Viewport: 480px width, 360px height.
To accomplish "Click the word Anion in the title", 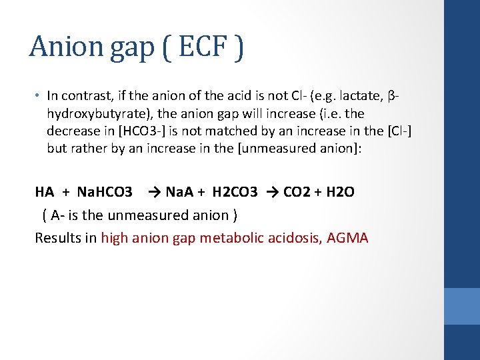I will (64, 47).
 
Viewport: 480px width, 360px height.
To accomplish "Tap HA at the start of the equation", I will (45, 192).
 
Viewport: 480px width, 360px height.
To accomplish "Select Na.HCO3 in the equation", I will (105, 192).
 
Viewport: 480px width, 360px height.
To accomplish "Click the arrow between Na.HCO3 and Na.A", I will (154, 192).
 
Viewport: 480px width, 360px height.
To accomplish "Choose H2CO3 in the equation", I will (235, 192).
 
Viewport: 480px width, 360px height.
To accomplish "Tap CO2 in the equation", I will (297, 192).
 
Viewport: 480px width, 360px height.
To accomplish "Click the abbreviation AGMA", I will (347, 238).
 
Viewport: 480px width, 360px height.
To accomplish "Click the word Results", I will (57, 238).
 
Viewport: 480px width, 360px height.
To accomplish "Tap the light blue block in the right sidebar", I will (461, 306).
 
